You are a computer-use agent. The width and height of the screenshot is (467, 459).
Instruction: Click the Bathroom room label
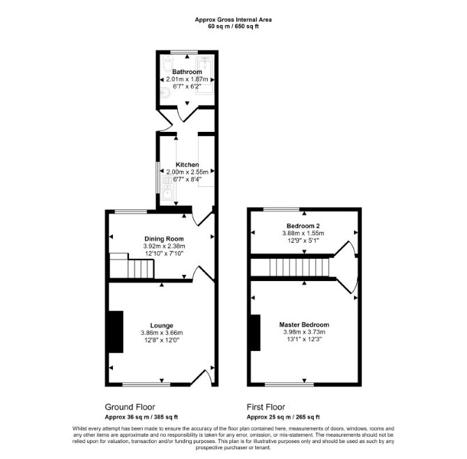coord(187,72)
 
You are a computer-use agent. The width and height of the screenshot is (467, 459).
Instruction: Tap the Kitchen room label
coord(187,165)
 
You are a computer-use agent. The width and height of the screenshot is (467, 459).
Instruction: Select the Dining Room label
coord(164,239)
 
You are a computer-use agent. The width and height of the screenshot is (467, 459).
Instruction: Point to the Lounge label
coord(162,326)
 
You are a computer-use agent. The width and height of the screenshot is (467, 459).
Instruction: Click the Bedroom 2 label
coord(303,226)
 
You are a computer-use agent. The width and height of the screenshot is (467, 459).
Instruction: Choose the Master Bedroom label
coord(304,324)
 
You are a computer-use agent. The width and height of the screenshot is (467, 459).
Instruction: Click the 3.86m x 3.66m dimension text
coord(162,333)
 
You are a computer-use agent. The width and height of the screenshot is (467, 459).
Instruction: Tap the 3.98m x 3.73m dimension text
coord(304,332)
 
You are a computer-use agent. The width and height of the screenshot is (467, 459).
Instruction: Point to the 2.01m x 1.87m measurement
coord(187,80)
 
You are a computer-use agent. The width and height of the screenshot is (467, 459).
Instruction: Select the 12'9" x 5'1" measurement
coord(303,241)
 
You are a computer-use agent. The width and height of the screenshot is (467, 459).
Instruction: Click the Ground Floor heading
coord(130,407)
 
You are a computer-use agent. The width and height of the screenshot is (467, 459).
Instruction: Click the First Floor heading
coord(266,407)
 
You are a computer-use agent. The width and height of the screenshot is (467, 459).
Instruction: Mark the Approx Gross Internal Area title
coord(233,20)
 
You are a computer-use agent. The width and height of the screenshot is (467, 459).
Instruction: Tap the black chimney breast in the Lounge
coord(116,332)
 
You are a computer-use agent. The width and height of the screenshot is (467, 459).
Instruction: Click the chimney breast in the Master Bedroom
coord(256,333)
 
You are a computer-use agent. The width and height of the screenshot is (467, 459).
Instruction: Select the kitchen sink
coord(167,193)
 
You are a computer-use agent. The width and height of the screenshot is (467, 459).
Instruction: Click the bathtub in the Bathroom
coord(205,76)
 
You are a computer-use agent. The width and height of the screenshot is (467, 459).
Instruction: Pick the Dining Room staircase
coord(132,266)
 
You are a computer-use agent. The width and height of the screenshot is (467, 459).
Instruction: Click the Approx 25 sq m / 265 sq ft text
coord(283,417)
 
